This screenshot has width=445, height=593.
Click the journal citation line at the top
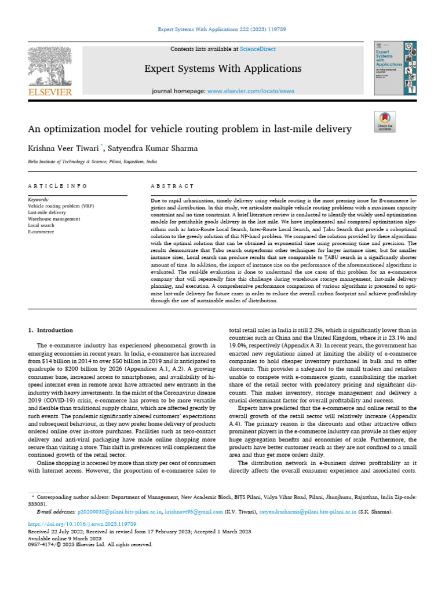tap(222, 28)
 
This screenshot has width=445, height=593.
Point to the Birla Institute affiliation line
tap(92, 162)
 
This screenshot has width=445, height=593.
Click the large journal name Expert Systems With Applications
tap(222, 69)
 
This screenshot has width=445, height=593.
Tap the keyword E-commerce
tap(41, 232)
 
